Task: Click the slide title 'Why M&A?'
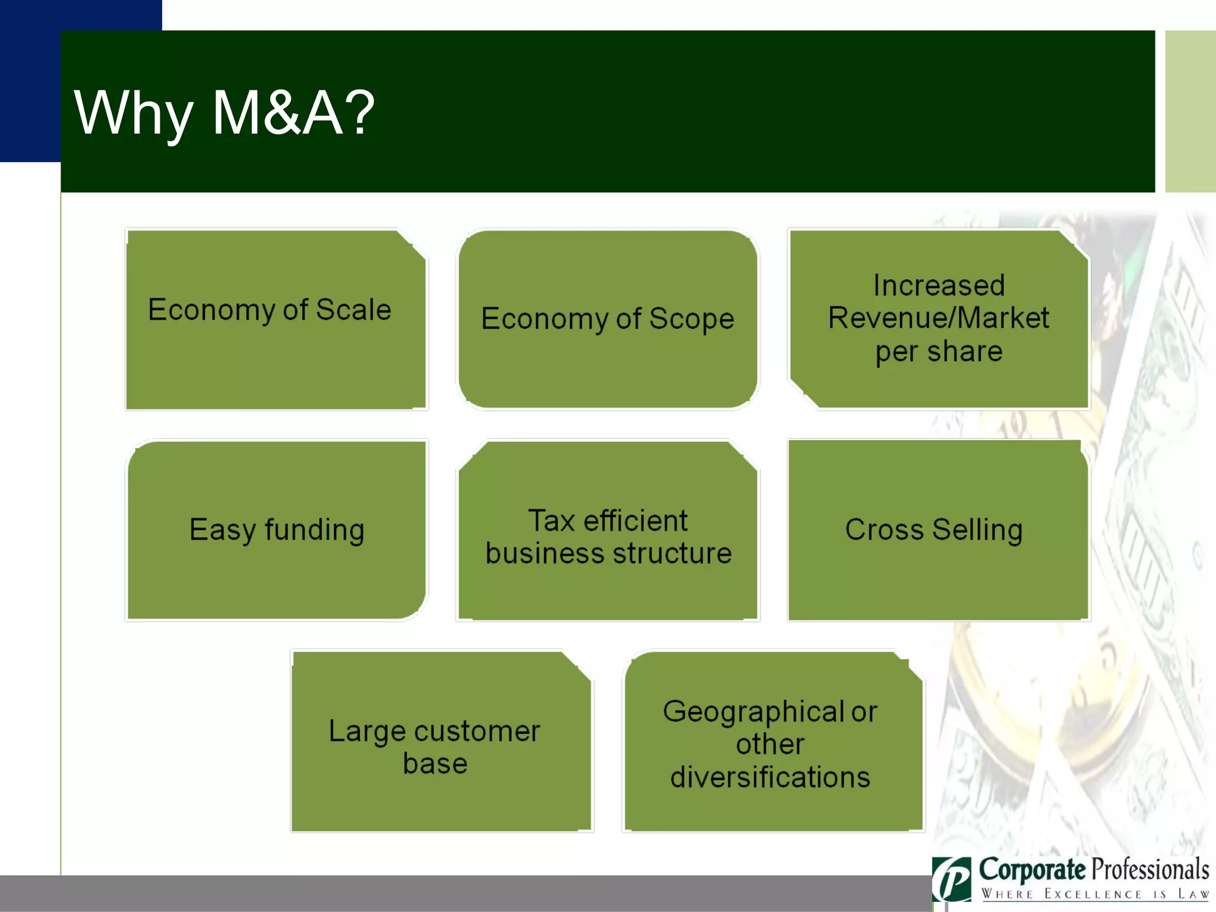pos(224,113)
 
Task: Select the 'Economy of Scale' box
pos(276,319)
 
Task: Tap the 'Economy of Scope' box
pos(607,319)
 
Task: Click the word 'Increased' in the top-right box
pos(939,286)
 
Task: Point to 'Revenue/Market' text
pos(939,318)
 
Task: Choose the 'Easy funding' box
pos(276,530)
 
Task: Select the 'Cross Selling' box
pos(939,530)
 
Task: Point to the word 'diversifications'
pos(770,777)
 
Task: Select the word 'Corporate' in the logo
pos(1031,869)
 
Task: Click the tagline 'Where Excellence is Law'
pos(1094,894)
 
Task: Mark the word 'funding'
pos(314,530)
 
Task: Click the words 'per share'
pos(939,351)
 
